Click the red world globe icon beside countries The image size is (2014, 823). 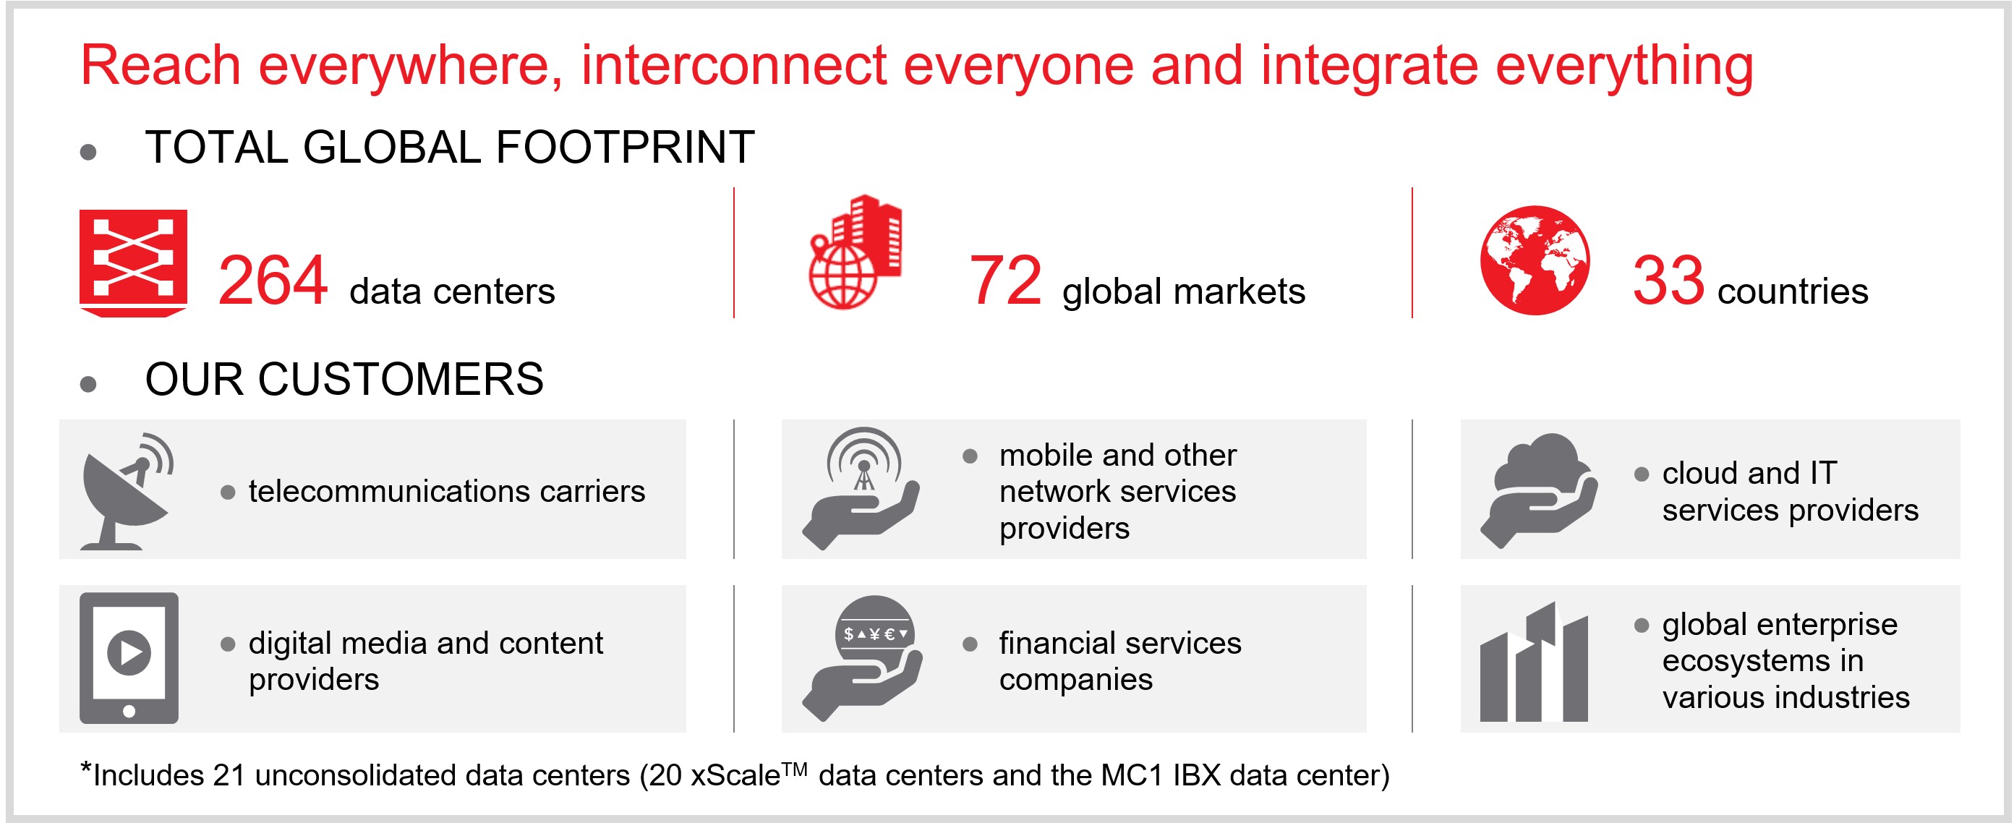1534,260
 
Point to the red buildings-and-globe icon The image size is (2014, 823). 855,252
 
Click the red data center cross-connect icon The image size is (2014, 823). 133,263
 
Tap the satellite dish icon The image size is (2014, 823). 127,491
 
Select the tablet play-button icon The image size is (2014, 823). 129,657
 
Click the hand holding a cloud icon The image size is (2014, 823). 1539,490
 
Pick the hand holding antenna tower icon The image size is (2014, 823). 861,488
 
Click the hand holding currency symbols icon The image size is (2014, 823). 862,657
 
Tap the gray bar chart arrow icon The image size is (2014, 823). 1534,661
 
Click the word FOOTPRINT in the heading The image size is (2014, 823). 625,147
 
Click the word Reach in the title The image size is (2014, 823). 161,65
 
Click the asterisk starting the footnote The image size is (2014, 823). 86,767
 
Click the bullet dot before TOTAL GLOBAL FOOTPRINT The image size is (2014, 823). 88,152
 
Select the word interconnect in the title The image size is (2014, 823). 733,65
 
